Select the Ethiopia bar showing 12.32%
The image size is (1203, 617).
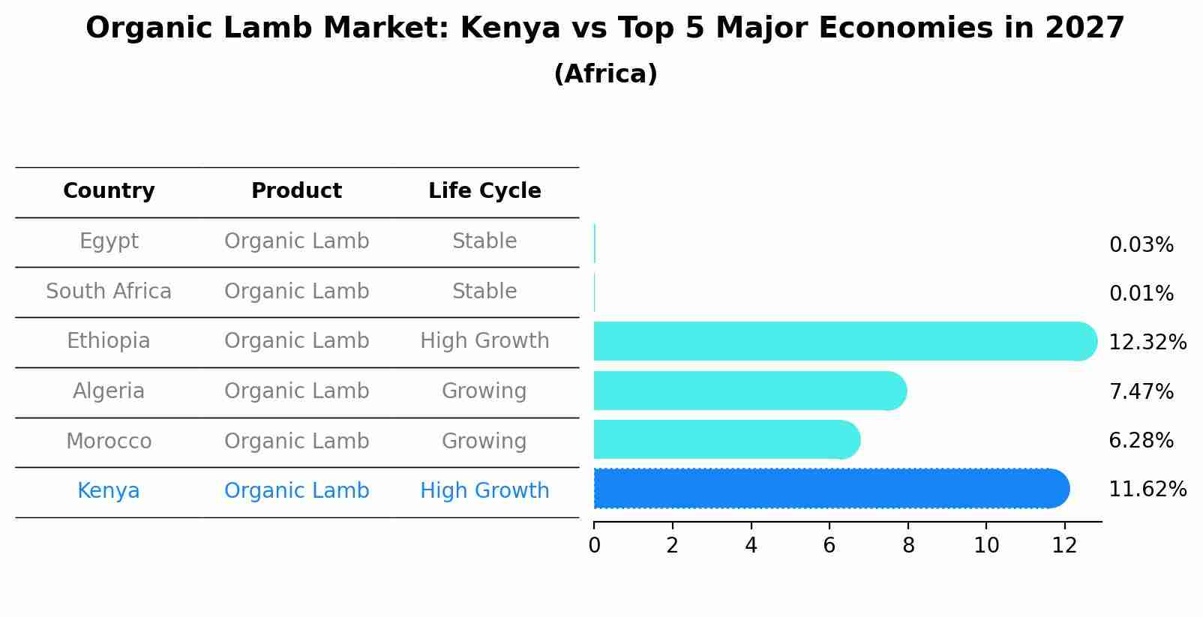(844, 341)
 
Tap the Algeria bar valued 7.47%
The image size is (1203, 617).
(750, 391)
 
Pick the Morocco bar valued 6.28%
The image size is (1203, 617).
(726, 439)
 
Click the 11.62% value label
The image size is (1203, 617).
(1147, 490)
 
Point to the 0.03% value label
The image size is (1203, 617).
(1141, 245)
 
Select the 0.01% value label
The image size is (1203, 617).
(1141, 294)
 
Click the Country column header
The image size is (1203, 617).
(109, 191)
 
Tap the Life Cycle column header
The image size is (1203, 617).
(484, 191)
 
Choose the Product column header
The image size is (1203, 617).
(296, 191)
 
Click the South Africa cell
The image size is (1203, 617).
(109, 291)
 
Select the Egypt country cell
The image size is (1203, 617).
(109, 241)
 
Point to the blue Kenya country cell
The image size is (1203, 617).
(109, 491)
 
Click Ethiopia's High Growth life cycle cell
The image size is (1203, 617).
(484, 341)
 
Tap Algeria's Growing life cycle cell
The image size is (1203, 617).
(484, 391)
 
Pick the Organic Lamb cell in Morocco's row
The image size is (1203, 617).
(296, 441)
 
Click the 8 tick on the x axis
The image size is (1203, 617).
(908, 546)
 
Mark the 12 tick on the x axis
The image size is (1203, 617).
(1064, 546)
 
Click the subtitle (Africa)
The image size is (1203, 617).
(605, 74)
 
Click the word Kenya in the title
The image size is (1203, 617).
(510, 28)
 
